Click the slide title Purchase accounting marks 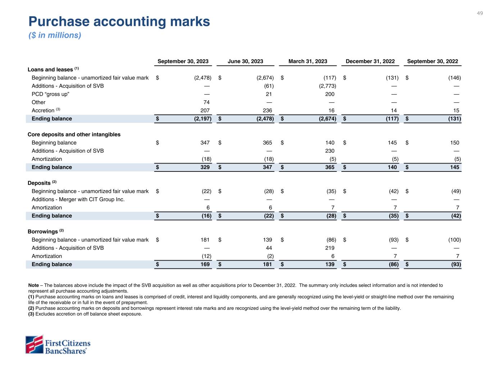click(x=119, y=22)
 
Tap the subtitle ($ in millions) click(x=55, y=35)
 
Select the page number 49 click(x=480, y=13)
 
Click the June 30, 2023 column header click(x=245, y=61)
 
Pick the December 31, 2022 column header click(x=370, y=61)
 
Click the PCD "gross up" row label click(x=50, y=94)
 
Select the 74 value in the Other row click(x=206, y=102)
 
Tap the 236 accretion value click(x=267, y=111)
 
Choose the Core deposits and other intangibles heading click(x=74, y=134)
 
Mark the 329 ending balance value click(x=205, y=167)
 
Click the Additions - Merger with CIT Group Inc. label click(x=78, y=199)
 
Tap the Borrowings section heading click(x=43, y=232)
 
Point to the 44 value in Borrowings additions click(x=269, y=248)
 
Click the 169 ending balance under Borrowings click(x=205, y=264)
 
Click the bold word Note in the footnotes click(x=33, y=285)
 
